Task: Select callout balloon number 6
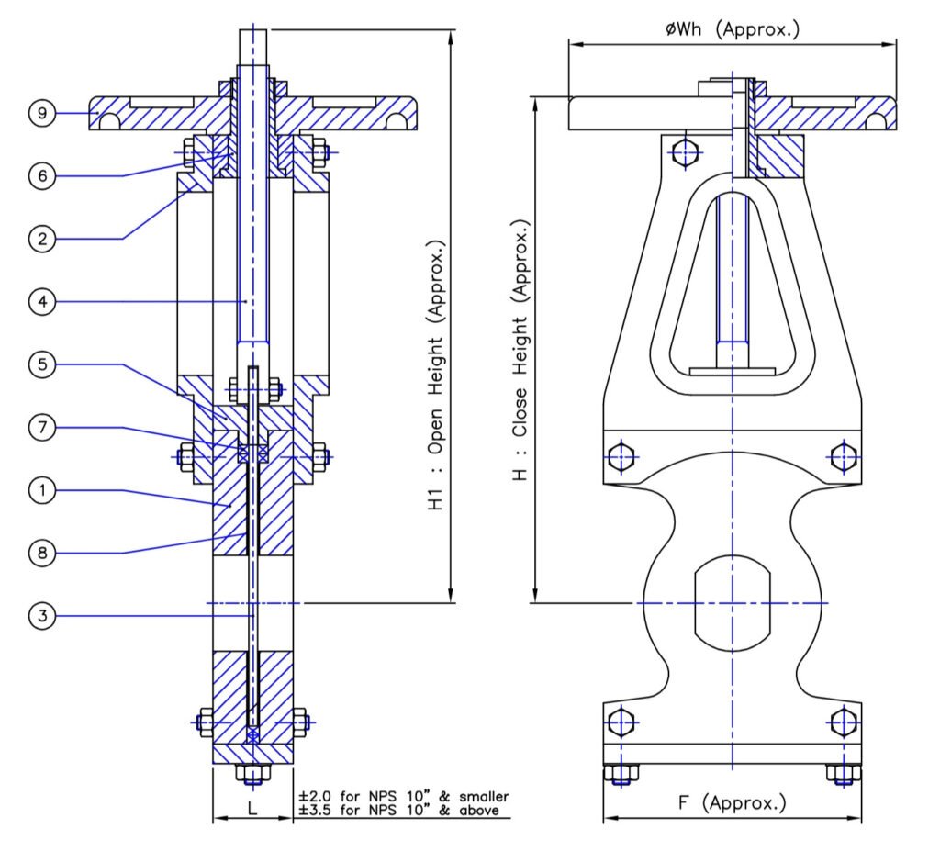click(x=41, y=176)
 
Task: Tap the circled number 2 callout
click(x=41, y=239)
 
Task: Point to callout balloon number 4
click(x=41, y=302)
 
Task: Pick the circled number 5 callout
click(x=41, y=364)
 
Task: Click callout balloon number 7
click(x=41, y=427)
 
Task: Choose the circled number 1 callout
click(x=41, y=490)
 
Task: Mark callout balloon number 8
click(x=41, y=553)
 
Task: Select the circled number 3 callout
click(x=41, y=615)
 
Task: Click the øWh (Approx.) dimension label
click(x=732, y=29)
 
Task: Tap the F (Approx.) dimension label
click(x=732, y=803)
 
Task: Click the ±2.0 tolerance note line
click(x=404, y=796)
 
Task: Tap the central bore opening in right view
click(x=732, y=603)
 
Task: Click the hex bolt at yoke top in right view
click(x=683, y=152)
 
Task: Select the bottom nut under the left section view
click(x=252, y=773)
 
